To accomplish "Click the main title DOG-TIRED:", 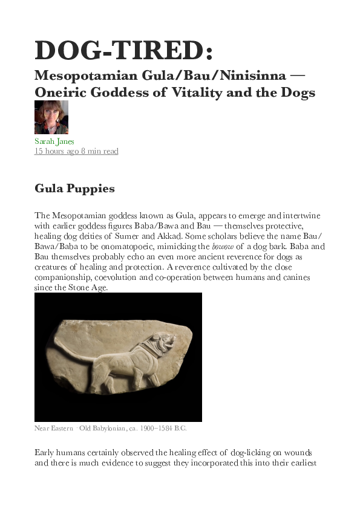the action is coord(124,50).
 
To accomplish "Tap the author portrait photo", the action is coord(51,117).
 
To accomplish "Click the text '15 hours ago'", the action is coord(56,151).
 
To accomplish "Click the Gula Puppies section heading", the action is coord(74,188).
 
